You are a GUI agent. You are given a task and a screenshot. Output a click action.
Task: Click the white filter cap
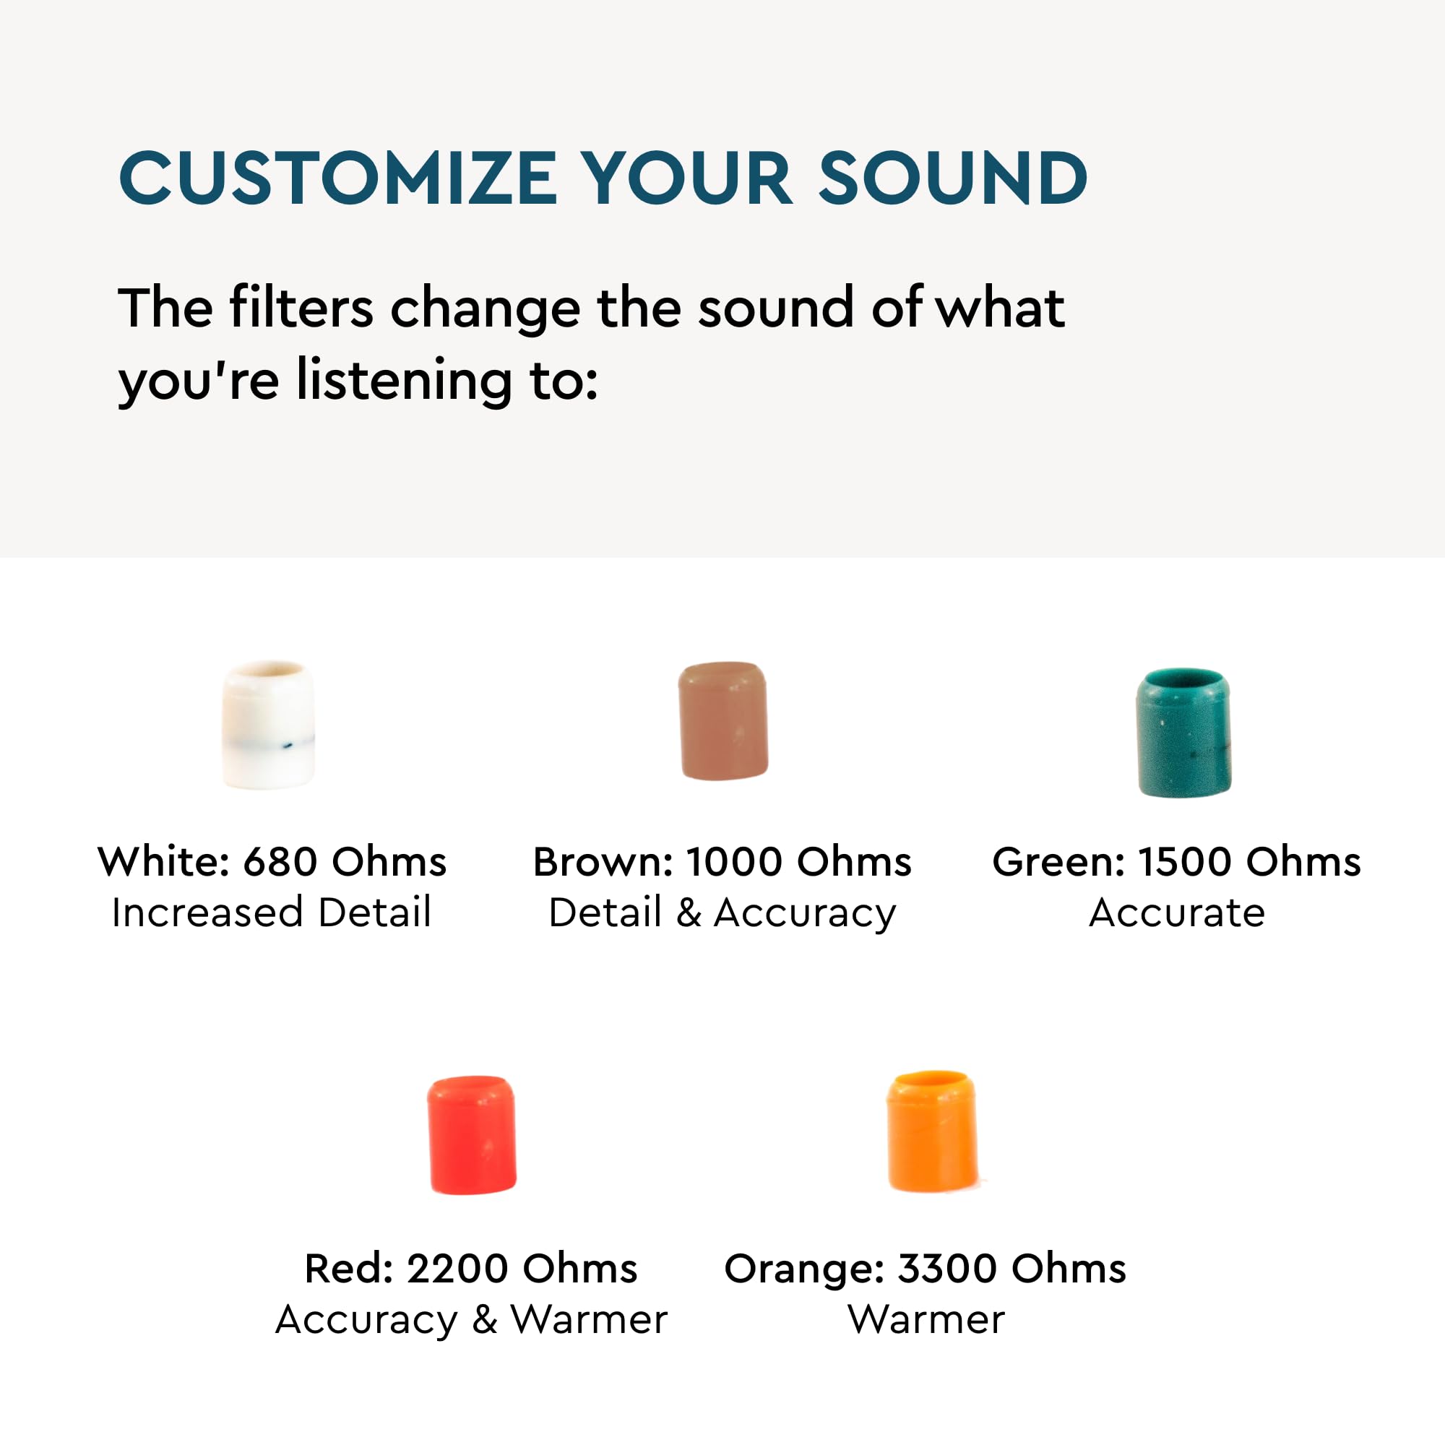pos(268,723)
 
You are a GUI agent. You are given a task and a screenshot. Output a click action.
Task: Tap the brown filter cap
pos(722,720)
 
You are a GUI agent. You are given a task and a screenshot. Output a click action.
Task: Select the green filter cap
pos(1183,732)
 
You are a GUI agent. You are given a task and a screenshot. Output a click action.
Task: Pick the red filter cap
pos(471,1134)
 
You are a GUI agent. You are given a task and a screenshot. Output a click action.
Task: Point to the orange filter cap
pos(932,1130)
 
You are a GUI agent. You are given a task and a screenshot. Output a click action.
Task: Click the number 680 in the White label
pos(280,862)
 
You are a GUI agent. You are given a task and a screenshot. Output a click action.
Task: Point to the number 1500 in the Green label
pos(1184,862)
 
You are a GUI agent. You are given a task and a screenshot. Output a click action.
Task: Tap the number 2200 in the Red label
pos(457,1269)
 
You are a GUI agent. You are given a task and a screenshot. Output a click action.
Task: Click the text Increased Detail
pos(272,913)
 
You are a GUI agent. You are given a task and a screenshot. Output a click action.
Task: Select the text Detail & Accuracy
pos(722,913)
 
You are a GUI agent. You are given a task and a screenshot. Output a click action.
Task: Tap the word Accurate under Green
pos(1176,913)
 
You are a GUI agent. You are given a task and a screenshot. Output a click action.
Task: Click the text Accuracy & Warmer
pos(471,1319)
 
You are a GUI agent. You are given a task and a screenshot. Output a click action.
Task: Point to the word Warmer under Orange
pos(926,1319)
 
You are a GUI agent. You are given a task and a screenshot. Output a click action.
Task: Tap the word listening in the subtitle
pos(404,379)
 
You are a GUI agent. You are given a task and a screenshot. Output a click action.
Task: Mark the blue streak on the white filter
pos(286,745)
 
